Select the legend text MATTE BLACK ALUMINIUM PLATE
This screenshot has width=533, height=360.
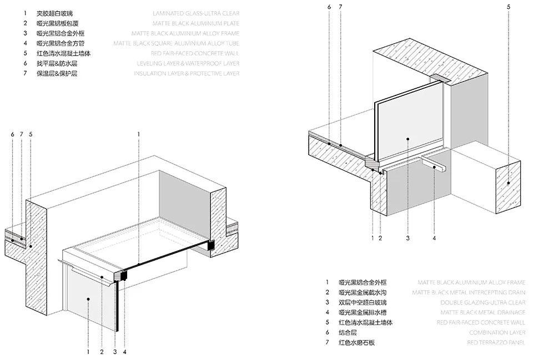point(196,23)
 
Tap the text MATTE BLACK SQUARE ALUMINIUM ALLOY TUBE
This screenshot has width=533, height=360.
point(176,43)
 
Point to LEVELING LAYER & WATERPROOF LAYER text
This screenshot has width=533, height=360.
point(188,63)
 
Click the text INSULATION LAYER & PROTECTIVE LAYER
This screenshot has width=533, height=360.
point(187,73)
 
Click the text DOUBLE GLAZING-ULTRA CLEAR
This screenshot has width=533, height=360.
point(482,302)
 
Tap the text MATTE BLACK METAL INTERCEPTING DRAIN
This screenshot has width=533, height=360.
point(468,292)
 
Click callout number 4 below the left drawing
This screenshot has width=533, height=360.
point(125,351)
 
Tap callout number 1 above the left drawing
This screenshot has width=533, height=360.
point(139,134)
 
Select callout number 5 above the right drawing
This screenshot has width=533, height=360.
point(509,7)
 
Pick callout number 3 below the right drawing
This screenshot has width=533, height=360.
point(408,239)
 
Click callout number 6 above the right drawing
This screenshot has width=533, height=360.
point(329,7)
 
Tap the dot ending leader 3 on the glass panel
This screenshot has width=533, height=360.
point(408,140)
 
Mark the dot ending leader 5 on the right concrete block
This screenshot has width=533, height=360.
point(509,182)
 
